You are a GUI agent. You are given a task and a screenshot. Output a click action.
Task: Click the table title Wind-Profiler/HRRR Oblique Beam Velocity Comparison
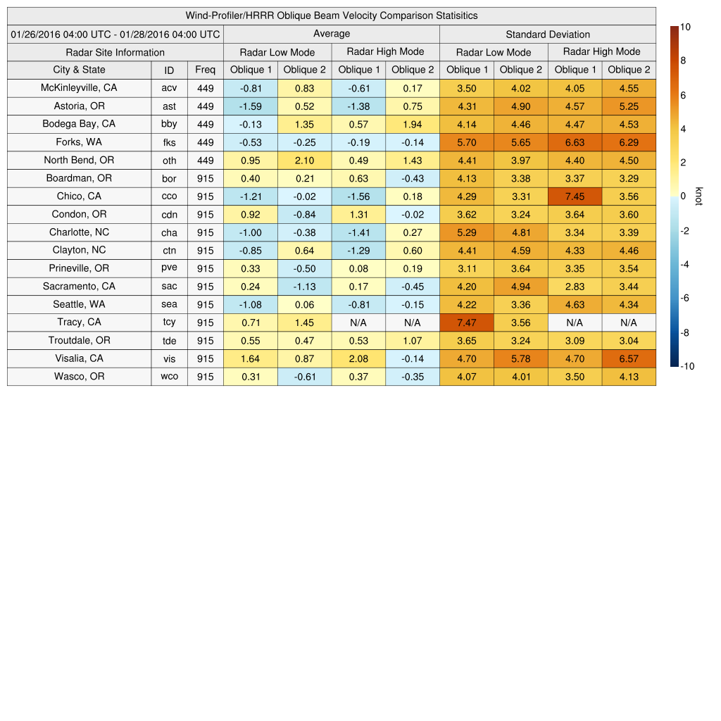click(x=331, y=15)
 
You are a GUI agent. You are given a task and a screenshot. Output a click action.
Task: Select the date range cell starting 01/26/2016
click(x=115, y=34)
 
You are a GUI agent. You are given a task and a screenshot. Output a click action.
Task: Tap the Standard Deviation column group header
click(x=548, y=34)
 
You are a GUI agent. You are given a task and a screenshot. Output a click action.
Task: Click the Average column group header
click(x=331, y=34)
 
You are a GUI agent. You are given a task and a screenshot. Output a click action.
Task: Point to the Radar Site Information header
click(x=115, y=52)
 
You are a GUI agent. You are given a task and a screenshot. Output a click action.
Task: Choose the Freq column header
click(x=205, y=70)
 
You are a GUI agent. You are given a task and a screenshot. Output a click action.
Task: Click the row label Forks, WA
click(x=79, y=142)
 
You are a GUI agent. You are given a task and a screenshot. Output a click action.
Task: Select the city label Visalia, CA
click(x=79, y=358)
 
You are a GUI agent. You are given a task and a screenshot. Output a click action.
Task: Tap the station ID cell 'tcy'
click(x=169, y=322)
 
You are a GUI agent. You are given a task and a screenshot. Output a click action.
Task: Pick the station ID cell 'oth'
click(x=169, y=161)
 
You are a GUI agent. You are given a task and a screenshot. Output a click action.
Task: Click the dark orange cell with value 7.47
click(x=467, y=322)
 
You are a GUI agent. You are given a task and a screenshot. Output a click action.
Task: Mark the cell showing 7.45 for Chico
click(x=575, y=196)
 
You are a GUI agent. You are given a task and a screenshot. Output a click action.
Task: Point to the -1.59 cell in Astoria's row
click(x=250, y=106)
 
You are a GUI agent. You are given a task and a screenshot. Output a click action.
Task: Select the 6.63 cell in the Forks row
click(x=575, y=142)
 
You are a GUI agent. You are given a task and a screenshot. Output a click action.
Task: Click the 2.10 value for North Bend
click(x=304, y=161)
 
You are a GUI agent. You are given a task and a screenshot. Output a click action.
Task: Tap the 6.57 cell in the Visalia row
click(x=629, y=358)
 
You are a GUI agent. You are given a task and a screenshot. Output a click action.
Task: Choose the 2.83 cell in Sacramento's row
click(x=575, y=287)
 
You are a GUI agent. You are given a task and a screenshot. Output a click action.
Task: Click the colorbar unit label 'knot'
click(x=698, y=196)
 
